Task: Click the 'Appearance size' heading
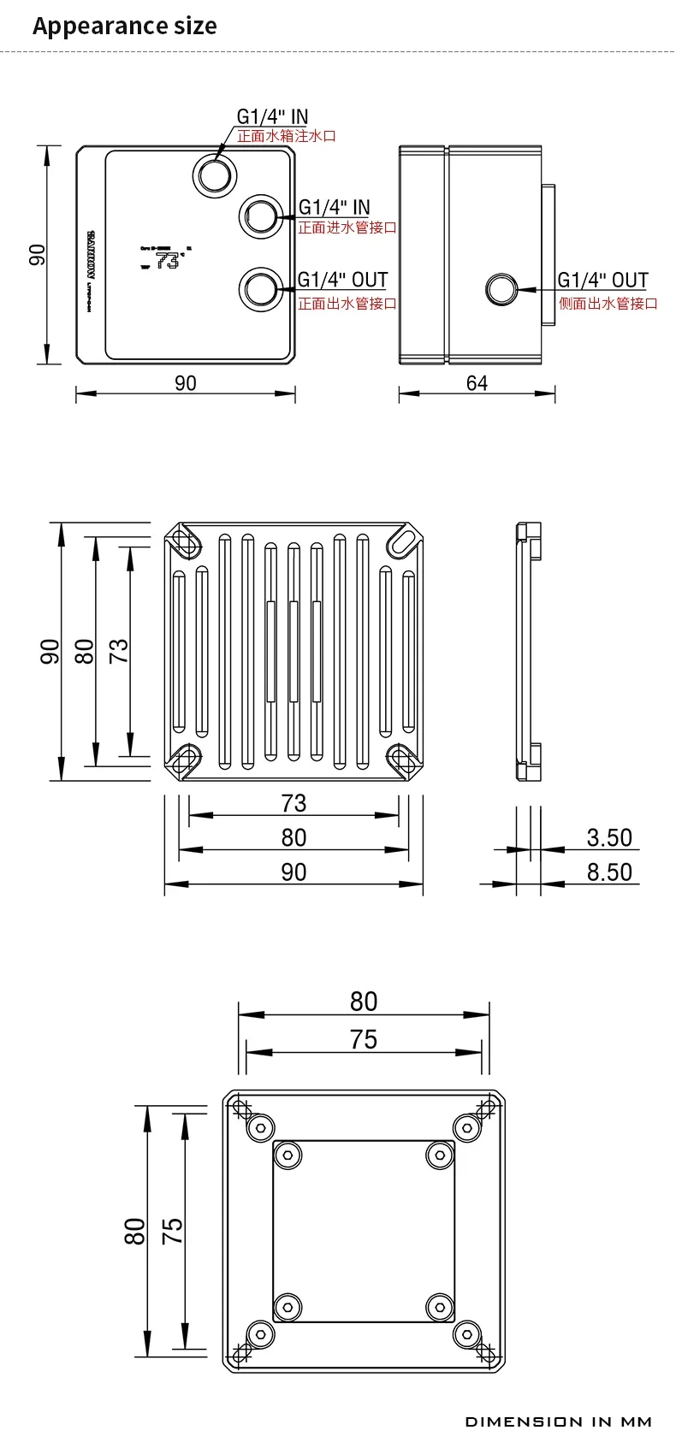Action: coord(125,26)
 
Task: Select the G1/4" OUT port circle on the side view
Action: coord(501,289)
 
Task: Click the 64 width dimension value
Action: coord(477,383)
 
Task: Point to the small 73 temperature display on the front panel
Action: coord(168,261)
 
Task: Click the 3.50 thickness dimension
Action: coord(609,837)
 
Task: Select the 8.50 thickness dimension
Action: coord(609,872)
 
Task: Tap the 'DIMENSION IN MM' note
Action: coord(559,1421)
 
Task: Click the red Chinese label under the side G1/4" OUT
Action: coord(608,304)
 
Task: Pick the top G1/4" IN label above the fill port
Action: coord(272,116)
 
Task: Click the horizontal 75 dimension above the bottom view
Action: coord(363,1039)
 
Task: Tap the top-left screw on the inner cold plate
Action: coord(288,1156)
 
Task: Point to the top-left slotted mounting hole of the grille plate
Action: coord(183,541)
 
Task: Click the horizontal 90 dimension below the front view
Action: coord(186,383)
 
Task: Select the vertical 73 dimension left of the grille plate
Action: coord(119,650)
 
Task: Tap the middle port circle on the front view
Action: coord(259,215)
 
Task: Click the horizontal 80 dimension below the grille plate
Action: coord(294,837)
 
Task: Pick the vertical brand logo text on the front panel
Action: coord(90,254)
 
